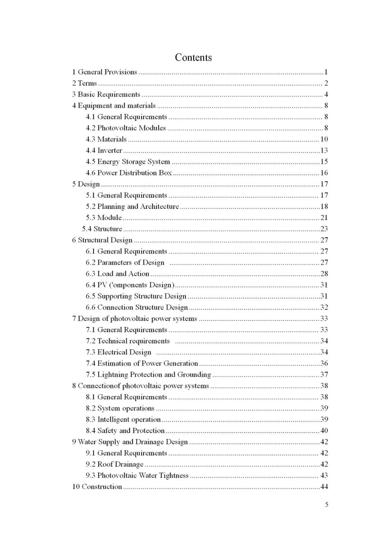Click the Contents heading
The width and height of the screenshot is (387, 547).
tap(193, 57)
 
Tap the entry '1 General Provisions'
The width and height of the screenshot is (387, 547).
tap(105, 72)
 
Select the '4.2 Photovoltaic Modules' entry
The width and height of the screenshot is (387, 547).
tap(126, 128)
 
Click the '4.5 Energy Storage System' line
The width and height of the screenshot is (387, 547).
tap(128, 162)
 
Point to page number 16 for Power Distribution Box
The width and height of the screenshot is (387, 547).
tap(324, 173)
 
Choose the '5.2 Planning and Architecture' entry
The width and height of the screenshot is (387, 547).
tap(132, 206)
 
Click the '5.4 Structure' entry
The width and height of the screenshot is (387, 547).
tap(102, 229)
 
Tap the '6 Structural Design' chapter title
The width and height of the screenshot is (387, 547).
tap(102, 240)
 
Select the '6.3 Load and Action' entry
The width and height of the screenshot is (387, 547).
tap(118, 274)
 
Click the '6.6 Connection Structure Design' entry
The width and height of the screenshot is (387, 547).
tap(137, 307)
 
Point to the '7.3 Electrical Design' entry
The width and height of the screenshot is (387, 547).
tap(119, 352)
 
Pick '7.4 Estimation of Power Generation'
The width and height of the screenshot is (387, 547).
tap(142, 363)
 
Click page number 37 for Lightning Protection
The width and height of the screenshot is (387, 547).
tap(324, 374)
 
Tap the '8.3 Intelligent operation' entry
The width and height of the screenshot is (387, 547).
tap(123, 419)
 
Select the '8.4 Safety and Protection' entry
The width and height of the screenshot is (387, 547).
tap(125, 431)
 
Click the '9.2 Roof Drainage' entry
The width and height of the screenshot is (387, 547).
tap(115, 464)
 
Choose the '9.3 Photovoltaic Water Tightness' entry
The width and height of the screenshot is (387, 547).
tap(137, 475)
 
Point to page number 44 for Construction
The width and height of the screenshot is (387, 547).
tap(324, 486)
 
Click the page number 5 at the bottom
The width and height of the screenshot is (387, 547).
tap(326, 504)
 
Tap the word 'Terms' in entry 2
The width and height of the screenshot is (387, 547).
tap(87, 83)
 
